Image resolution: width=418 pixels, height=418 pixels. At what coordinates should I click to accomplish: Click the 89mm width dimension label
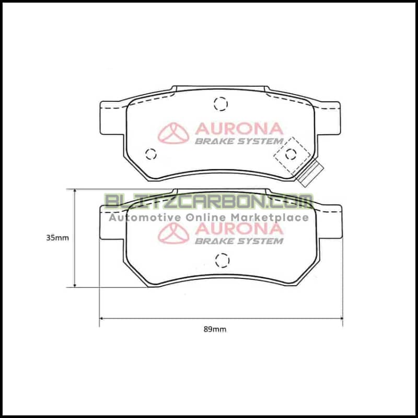pos(215,329)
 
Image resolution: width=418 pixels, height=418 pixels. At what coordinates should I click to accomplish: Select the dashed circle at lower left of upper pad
pos(151,154)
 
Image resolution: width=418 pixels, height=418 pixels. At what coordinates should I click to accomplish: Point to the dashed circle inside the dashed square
pos(291,153)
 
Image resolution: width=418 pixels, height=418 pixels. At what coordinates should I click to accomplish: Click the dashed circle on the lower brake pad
pos(222,259)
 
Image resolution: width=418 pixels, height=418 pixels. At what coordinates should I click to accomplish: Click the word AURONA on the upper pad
pos(239,129)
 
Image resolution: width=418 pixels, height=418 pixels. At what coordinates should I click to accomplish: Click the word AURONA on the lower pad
pos(239,229)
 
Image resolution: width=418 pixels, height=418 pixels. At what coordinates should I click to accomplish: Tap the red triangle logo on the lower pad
pos(173,234)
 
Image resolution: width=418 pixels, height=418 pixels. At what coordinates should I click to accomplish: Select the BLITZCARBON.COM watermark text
pos(209,202)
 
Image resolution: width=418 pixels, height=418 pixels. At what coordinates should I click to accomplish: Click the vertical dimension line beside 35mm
pos(76,238)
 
